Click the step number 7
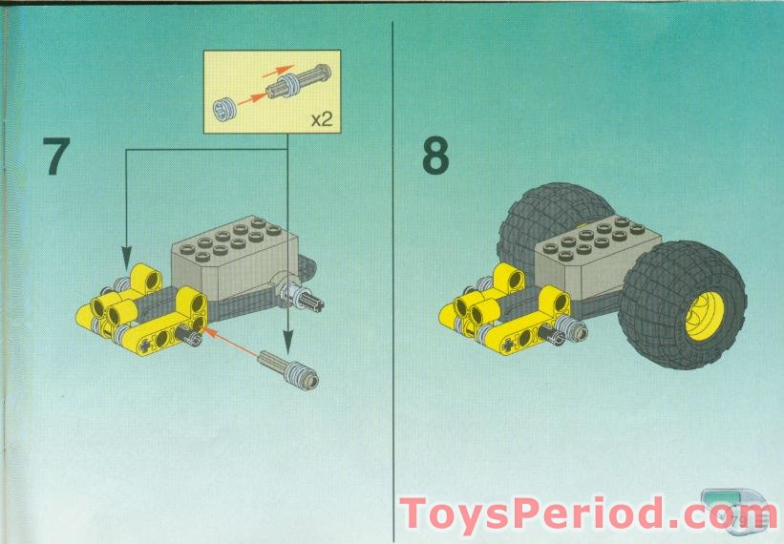click(57, 157)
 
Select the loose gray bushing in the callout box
click(230, 106)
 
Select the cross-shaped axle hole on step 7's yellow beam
click(145, 340)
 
